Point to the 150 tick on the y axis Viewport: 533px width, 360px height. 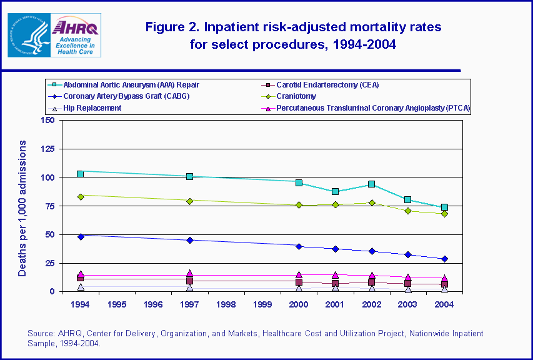click(x=47, y=120)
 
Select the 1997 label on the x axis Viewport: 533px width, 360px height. click(x=190, y=304)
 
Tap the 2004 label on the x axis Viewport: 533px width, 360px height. click(x=444, y=304)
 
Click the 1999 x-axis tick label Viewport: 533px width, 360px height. click(x=262, y=304)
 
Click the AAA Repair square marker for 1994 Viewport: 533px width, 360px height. click(x=81, y=174)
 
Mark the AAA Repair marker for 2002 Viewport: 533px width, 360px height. click(x=372, y=184)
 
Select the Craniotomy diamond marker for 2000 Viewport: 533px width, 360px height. click(x=299, y=205)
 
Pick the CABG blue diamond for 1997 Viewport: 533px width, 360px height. click(x=190, y=240)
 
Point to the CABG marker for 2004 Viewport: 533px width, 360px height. click(x=444, y=259)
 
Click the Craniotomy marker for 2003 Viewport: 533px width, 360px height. click(x=408, y=211)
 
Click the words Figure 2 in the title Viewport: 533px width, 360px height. click(x=172, y=27)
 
